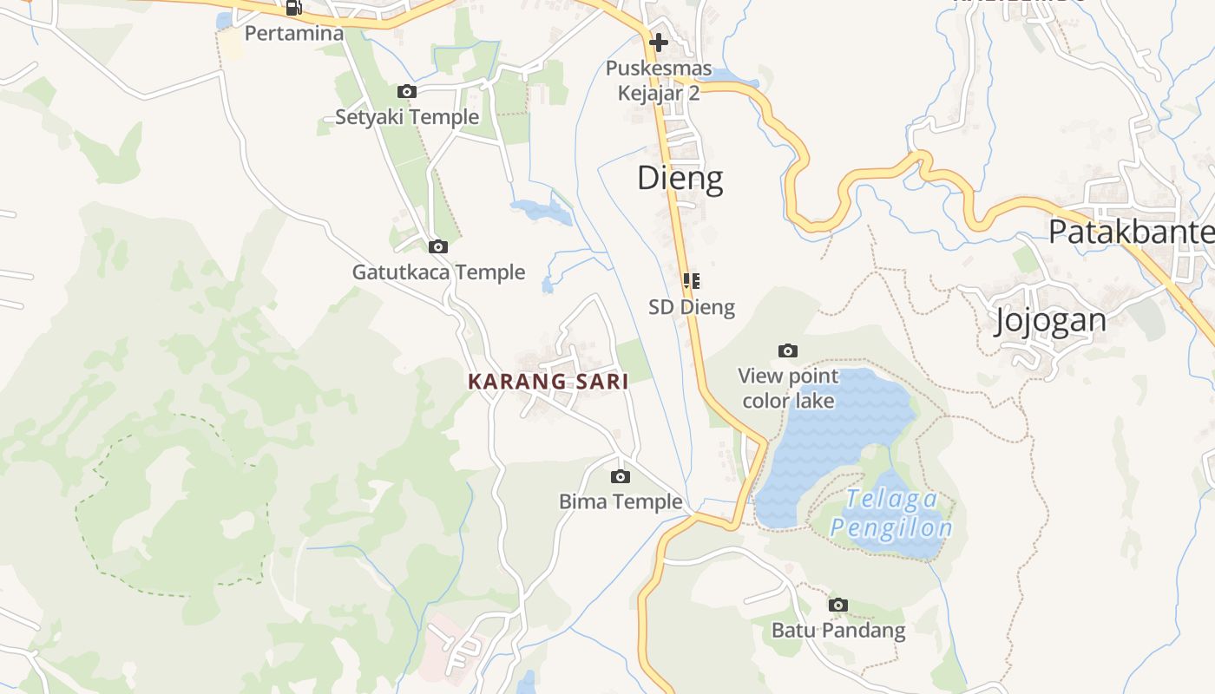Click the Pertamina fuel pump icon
[293, 8]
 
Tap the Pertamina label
[294, 34]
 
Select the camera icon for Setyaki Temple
[406, 91]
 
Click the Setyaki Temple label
[407, 117]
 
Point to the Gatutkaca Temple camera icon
[438, 247]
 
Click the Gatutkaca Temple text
[438, 272]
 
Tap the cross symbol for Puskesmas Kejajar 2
[659, 42]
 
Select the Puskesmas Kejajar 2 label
[659, 81]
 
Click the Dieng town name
[680, 178]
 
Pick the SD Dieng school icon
[692, 281]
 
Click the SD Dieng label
[692, 307]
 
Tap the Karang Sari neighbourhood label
[548, 382]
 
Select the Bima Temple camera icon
[620, 476]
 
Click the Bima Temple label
[621, 501]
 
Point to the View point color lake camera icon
[788, 350]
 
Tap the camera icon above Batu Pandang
[837, 605]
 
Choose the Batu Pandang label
[838, 631]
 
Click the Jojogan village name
[1050, 321]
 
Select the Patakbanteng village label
[1131, 232]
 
